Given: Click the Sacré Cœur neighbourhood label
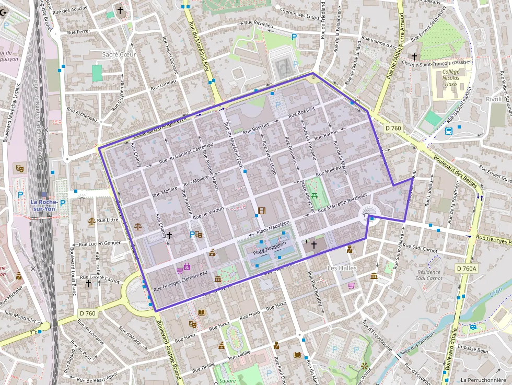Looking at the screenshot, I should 119,54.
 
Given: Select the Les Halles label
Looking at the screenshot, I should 342,268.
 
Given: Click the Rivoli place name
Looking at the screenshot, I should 493,99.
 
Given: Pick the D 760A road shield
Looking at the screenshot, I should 467,269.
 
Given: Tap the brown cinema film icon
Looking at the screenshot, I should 261,211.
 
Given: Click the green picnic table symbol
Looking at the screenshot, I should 315,196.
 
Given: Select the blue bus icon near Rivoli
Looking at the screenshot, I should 449,131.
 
